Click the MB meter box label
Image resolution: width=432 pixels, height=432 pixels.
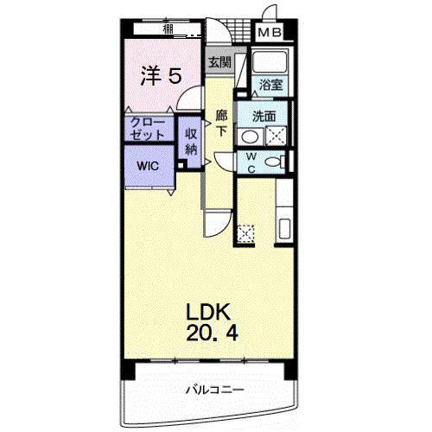[271, 34]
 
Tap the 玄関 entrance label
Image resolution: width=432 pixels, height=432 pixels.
[219, 62]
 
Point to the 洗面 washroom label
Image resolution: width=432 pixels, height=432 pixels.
[265, 115]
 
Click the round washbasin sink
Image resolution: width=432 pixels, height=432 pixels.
[248, 136]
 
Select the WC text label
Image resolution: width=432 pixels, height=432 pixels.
[251, 162]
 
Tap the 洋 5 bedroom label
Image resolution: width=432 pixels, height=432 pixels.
[161, 76]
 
